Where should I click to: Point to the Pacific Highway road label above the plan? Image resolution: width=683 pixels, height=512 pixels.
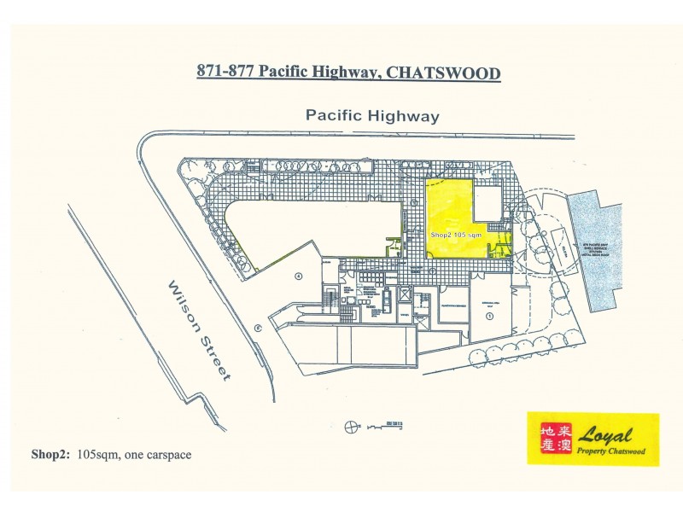coord(373,115)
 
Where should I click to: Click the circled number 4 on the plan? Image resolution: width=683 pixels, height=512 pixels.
coord(298,276)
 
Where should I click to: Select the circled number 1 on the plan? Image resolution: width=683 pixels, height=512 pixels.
coord(490,316)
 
